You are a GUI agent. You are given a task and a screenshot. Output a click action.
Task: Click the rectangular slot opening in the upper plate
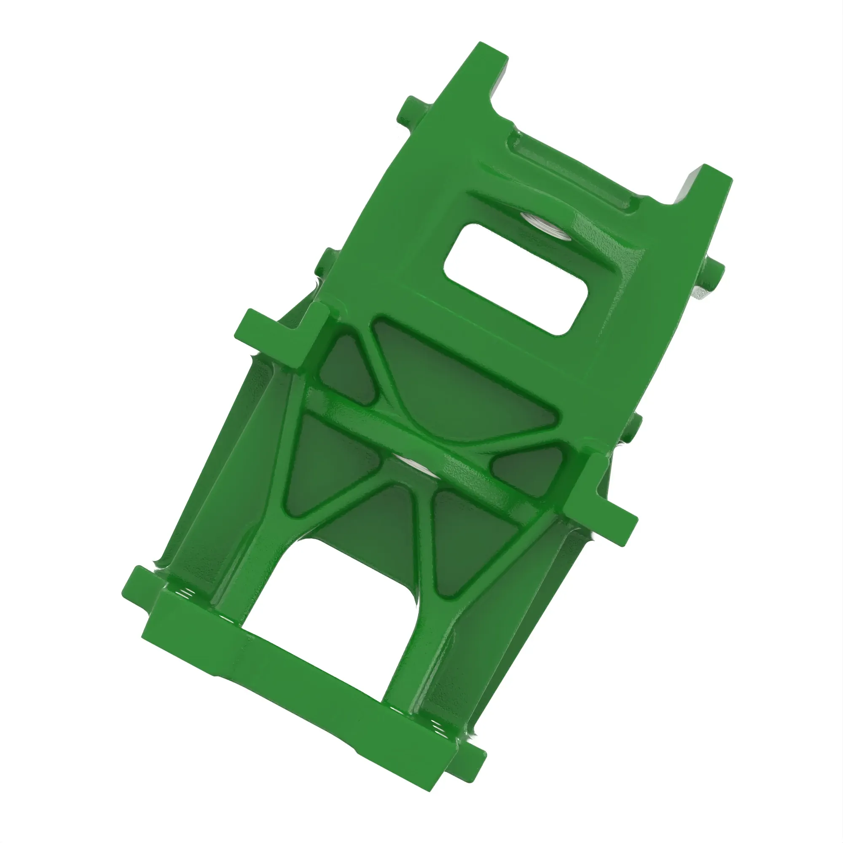pos(517,279)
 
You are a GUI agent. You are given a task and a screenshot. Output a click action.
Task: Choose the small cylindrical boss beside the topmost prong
pos(410,111)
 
